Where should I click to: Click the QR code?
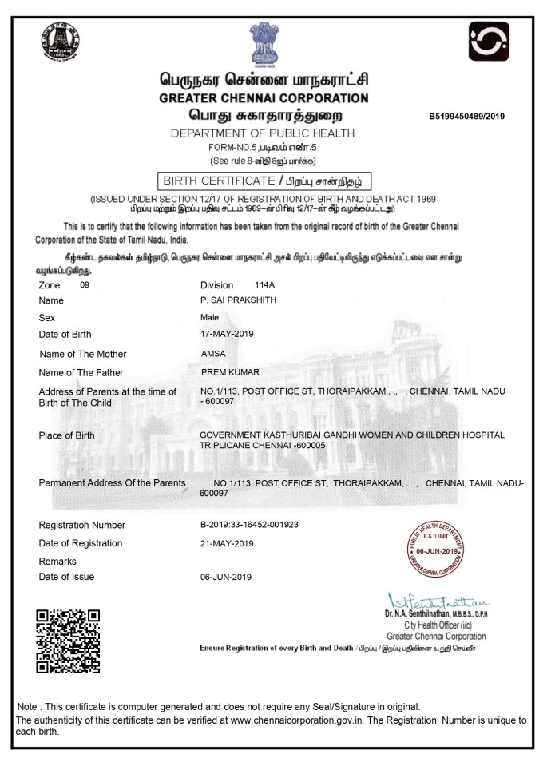pos(68,641)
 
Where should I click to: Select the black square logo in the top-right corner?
pos(489,42)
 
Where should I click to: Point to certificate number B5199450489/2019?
pos(467,116)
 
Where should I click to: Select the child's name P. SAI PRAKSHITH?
pos(236,300)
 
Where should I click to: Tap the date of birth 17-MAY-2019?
pos(227,333)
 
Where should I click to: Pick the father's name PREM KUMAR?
pos(231,372)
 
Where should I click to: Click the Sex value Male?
pos(210,317)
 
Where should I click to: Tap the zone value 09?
pos(85,284)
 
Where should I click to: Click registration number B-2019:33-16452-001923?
pos(249,525)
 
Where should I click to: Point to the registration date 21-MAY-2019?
pos(227,543)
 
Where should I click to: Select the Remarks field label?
pos(57,562)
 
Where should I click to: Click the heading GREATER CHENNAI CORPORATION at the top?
pos(264,98)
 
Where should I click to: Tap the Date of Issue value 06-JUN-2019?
pos(226,577)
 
